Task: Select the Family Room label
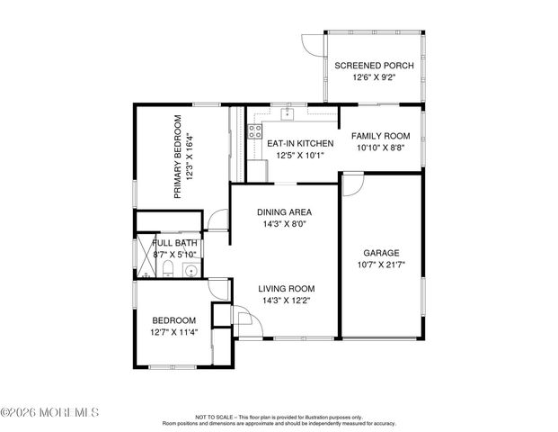point(380,135)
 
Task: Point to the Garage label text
point(380,253)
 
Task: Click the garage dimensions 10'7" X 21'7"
point(380,265)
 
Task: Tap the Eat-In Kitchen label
point(300,143)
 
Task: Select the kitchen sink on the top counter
point(288,114)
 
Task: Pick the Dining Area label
point(284,212)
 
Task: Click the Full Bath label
point(174,243)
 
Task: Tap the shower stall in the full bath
point(144,257)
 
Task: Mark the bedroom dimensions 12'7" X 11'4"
point(174,333)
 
